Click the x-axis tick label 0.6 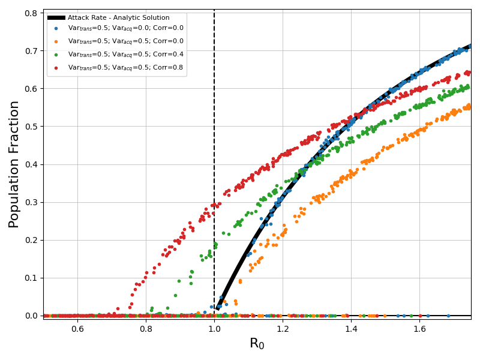point(77,328)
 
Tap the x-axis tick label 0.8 point(146,328)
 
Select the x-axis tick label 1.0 point(214,328)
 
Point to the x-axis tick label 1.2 point(283,328)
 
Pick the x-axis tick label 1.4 point(351,328)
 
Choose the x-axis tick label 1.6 point(419,328)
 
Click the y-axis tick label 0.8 point(30,13)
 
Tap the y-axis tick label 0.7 point(30,50)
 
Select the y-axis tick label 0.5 point(30,126)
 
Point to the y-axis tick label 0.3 point(30,202)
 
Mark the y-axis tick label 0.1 point(30,278)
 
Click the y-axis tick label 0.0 point(30,316)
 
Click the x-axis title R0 point(257,344)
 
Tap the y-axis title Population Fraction point(14,164)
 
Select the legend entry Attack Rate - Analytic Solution point(118,18)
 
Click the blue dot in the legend point(56,28)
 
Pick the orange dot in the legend point(56,41)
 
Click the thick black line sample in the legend point(56,18)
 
